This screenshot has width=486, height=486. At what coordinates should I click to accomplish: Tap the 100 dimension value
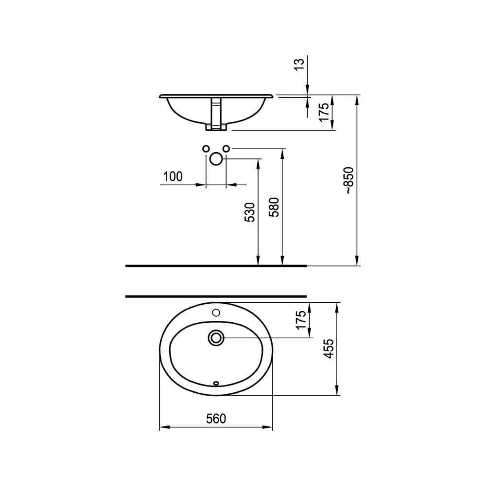click(x=173, y=176)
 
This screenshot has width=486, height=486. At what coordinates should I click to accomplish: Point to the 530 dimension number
click(x=249, y=212)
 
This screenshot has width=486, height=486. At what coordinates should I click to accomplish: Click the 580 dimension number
click(x=274, y=207)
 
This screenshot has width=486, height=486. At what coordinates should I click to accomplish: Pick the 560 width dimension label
click(x=216, y=418)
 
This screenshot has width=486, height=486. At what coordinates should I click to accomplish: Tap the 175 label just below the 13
click(x=325, y=113)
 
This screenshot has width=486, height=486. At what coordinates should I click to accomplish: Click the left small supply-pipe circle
click(x=206, y=148)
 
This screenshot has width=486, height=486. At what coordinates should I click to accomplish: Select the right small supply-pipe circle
click(x=226, y=148)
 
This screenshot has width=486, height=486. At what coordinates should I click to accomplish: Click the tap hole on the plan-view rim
click(x=216, y=312)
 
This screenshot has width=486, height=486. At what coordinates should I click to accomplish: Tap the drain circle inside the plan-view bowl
click(x=216, y=337)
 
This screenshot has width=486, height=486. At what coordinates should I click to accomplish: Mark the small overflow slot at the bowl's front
click(x=216, y=383)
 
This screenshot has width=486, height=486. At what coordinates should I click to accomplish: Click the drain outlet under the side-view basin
click(x=216, y=127)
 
